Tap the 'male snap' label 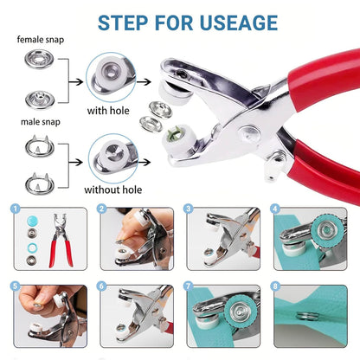tap(35, 121)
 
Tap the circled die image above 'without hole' tap(112, 152)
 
